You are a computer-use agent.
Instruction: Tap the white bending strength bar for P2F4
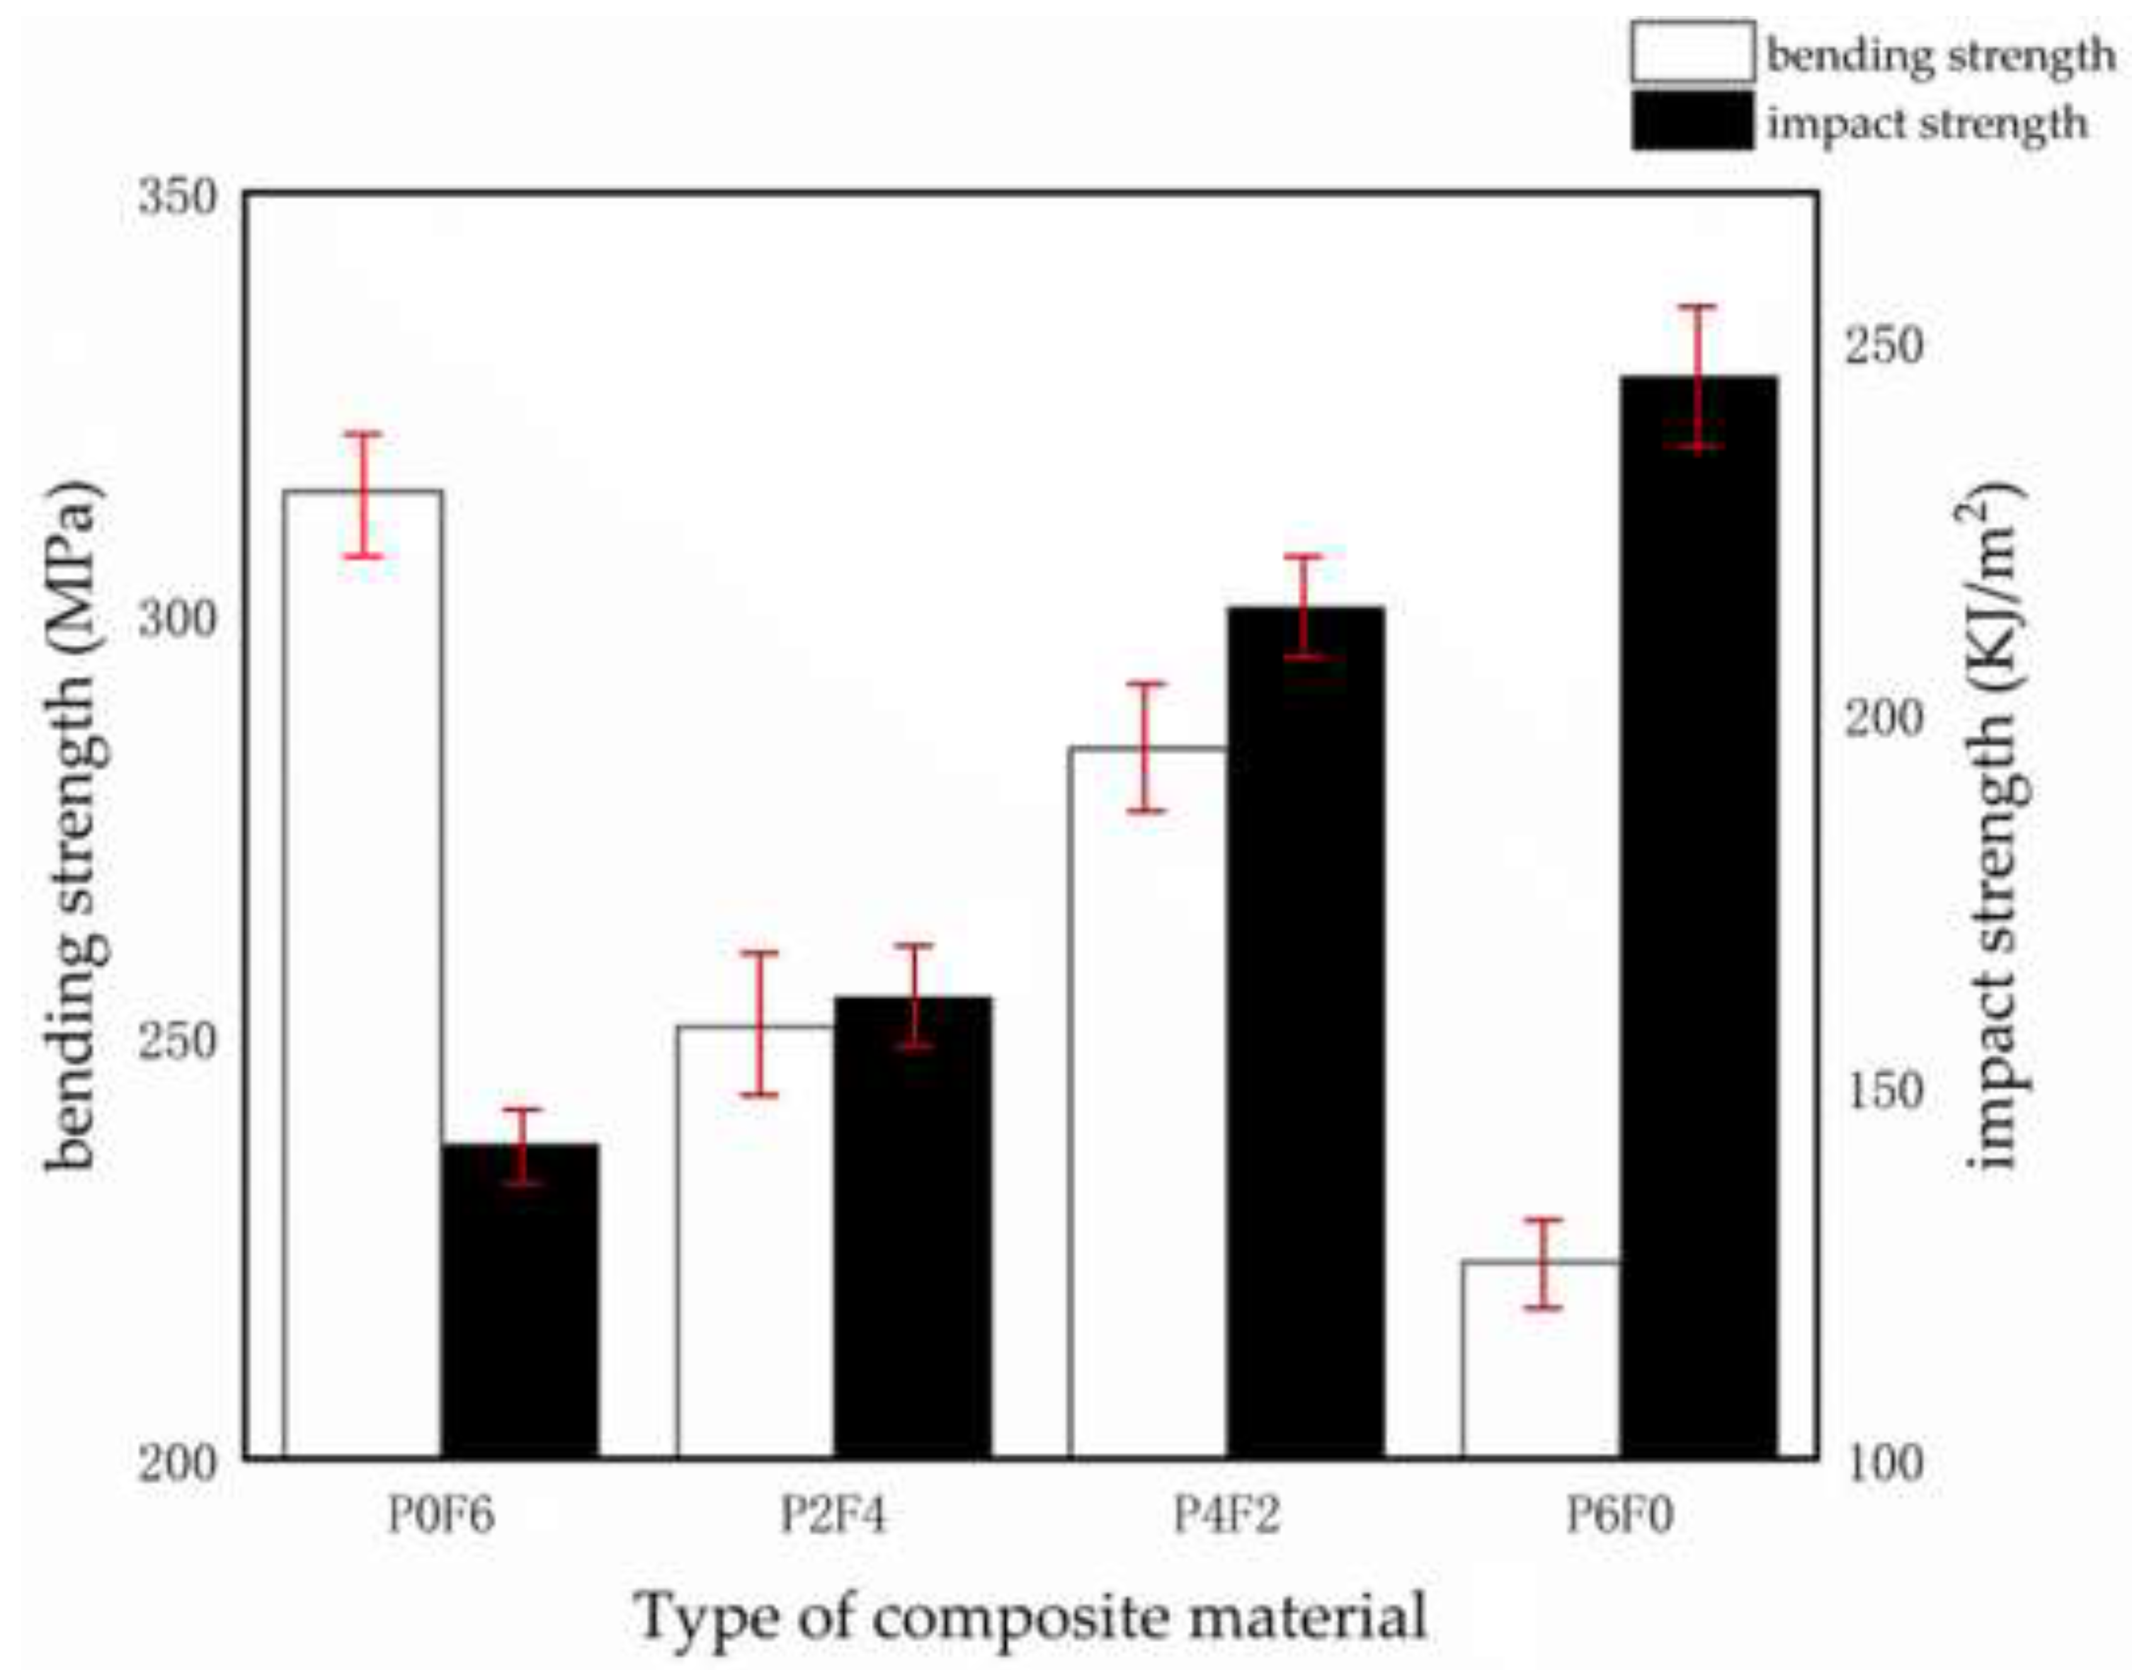[755, 1243]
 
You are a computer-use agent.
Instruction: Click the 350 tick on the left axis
[176, 198]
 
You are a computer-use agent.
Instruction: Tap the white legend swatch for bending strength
[1692, 52]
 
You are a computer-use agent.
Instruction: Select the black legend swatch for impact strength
[1692, 120]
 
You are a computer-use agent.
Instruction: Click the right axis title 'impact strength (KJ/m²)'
[1992, 827]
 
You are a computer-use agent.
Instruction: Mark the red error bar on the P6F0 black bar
[1699, 377]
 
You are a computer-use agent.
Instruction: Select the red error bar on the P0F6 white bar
[362, 495]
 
